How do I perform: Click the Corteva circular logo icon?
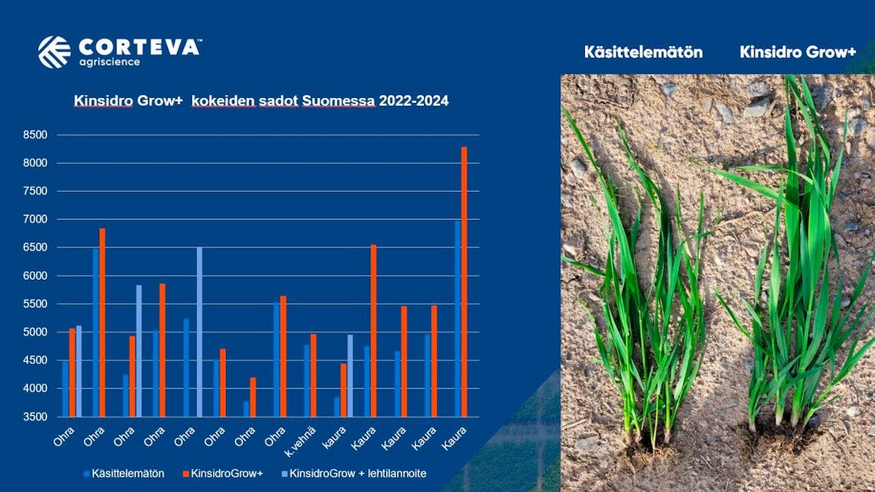point(54,52)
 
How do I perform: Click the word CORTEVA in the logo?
point(140,47)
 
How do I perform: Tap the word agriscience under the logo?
point(109,62)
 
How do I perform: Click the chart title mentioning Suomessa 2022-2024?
point(261,101)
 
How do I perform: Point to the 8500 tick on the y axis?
point(35,135)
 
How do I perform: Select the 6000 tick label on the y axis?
point(35,276)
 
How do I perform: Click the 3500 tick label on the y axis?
point(35,417)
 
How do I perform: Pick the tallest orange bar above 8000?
point(464,282)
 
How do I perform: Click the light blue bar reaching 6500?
point(199,331)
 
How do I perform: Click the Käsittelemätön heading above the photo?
point(643,52)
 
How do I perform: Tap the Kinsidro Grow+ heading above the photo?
point(797,52)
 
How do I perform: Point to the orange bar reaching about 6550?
point(373,331)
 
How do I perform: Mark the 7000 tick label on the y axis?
point(35,219)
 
